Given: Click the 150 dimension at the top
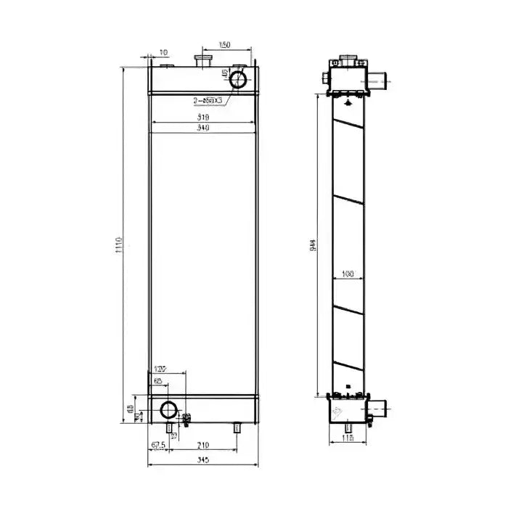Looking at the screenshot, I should click(224, 46).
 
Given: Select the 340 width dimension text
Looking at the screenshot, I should click(202, 128).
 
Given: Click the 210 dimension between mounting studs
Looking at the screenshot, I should click(202, 445).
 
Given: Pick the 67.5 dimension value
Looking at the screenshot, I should click(159, 445).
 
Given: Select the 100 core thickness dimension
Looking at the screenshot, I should click(347, 274).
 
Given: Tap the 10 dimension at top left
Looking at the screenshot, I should click(163, 52).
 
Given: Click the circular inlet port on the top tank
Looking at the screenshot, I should click(238, 78).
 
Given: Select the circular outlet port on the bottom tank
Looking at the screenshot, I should click(169, 410).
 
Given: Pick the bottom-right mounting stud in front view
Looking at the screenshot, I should click(237, 429).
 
